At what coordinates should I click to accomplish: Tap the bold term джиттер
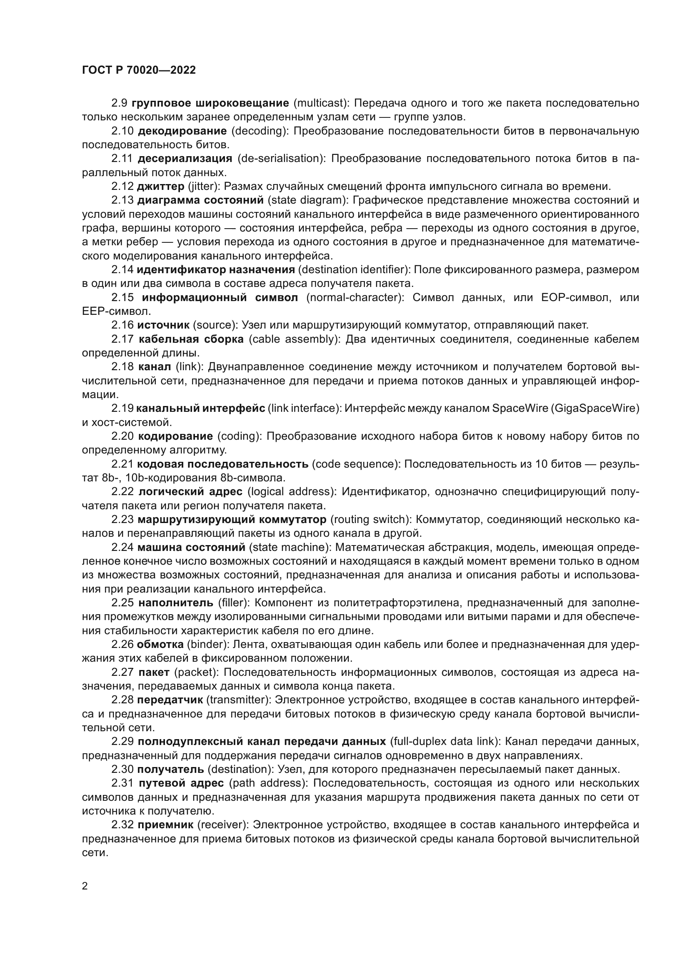[160, 186]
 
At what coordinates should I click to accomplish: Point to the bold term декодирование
[182, 131]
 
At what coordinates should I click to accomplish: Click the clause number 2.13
[122, 200]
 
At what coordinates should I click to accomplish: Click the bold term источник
[163, 325]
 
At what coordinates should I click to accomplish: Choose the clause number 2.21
[122, 463]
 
